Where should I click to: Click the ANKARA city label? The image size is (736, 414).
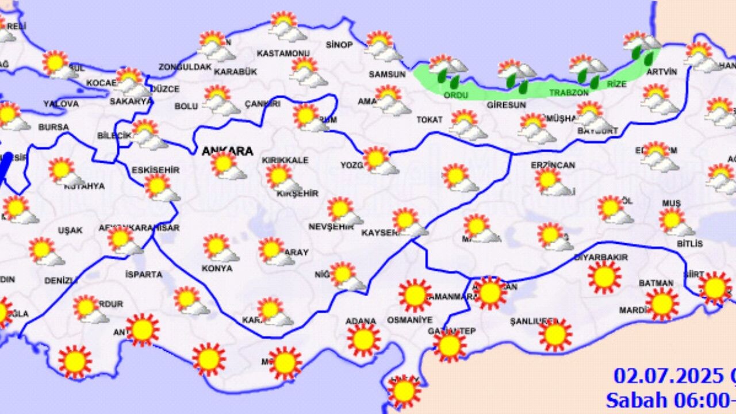tap(227, 151)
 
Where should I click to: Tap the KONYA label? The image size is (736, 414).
tap(217, 268)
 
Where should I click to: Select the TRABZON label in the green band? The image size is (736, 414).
tap(569, 92)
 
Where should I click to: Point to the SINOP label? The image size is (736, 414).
tap(339, 45)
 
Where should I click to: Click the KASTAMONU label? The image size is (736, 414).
tap(283, 53)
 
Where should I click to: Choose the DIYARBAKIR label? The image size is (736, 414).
tap(601, 257)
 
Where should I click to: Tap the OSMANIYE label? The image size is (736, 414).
tap(409, 320)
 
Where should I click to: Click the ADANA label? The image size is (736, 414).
tap(361, 321)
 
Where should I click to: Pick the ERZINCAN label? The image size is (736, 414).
tap(553, 165)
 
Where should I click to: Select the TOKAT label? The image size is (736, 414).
tap(430, 120)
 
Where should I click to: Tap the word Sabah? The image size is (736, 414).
tap(635, 399)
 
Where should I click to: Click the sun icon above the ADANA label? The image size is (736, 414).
tap(363, 339)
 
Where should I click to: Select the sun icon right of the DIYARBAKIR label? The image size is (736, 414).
tap(604, 277)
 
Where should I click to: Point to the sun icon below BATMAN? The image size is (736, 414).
tap(662, 303)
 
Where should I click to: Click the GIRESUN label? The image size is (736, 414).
tap(506, 105)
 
